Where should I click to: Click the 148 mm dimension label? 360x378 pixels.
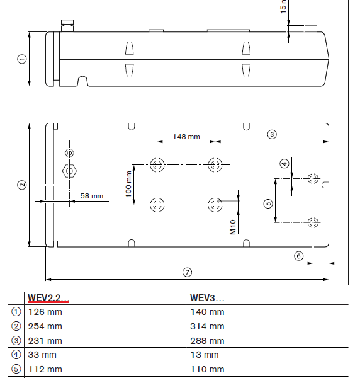tap(186, 137)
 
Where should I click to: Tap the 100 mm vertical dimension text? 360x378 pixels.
tap(128, 184)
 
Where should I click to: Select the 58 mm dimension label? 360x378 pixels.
tap(92, 196)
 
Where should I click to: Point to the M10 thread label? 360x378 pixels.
tap(233, 227)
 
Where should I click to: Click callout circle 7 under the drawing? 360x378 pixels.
tap(188, 272)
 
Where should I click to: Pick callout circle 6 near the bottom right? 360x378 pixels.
tap(299, 256)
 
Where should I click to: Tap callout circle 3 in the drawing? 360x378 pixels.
tap(272, 134)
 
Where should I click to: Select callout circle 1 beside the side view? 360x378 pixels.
tap(22, 59)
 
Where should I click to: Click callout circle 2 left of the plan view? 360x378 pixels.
tap(22, 185)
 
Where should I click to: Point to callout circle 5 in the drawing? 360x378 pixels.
tap(268, 203)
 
